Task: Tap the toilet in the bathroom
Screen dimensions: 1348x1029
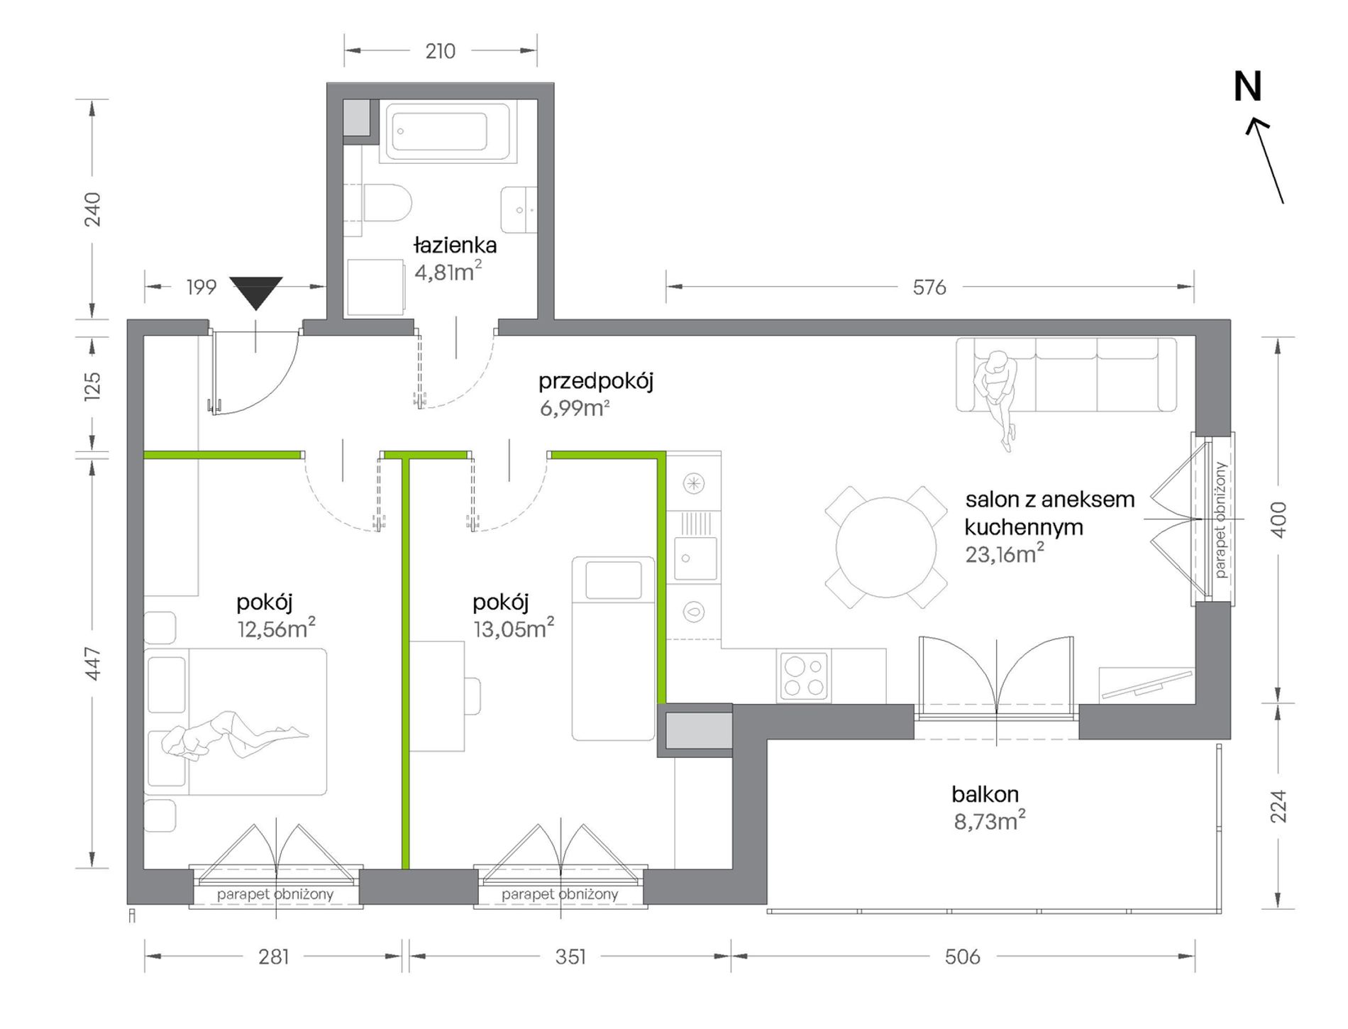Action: pyautogui.click(x=387, y=204)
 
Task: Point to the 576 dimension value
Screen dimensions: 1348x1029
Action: pyautogui.click(x=929, y=287)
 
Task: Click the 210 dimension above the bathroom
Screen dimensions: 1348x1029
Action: pyautogui.click(x=440, y=51)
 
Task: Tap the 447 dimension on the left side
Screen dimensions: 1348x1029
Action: pyautogui.click(x=93, y=664)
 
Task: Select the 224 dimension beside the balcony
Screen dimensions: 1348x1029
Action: pyautogui.click(x=1278, y=806)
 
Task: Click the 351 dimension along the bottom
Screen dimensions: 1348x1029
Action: pyautogui.click(x=570, y=957)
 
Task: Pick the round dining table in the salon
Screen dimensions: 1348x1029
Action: pyautogui.click(x=886, y=547)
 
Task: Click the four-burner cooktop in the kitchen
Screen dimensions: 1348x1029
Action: pyautogui.click(x=805, y=676)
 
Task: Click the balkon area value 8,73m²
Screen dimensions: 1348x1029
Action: pyautogui.click(x=990, y=821)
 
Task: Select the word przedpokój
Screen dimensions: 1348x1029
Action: pyautogui.click(x=595, y=381)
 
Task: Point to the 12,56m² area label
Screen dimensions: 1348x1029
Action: pyautogui.click(x=276, y=628)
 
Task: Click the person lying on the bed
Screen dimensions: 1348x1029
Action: pyautogui.click(x=234, y=734)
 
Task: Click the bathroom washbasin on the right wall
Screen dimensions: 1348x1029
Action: pyautogui.click(x=519, y=210)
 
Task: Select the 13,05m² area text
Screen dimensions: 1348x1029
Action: pyautogui.click(x=514, y=628)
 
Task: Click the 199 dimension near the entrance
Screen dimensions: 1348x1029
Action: pyautogui.click(x=201, y=287)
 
